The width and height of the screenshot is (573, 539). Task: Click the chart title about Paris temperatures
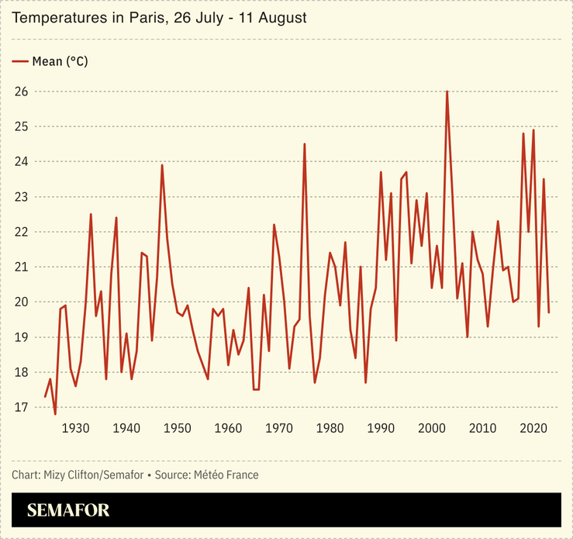pos(160,18)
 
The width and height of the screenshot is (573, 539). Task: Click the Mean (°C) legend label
pos(60,61)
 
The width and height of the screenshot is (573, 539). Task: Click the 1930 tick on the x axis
pos(75,428)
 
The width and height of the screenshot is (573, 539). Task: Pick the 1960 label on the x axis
pos(228,428)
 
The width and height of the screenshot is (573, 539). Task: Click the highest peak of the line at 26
pos(447,92)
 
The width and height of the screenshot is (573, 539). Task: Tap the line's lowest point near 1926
pos(55,414)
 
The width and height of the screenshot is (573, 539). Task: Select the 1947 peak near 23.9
pos(162,165)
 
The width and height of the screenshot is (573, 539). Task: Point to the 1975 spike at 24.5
pos(305,144)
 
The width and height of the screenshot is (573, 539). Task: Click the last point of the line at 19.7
pos(549,313)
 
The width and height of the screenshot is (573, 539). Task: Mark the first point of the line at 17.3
pos(45,396)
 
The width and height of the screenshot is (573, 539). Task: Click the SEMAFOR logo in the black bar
pos(68,510)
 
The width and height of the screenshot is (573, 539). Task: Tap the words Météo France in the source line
pos(230,475)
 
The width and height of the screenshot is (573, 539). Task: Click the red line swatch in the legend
pos(20,61)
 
